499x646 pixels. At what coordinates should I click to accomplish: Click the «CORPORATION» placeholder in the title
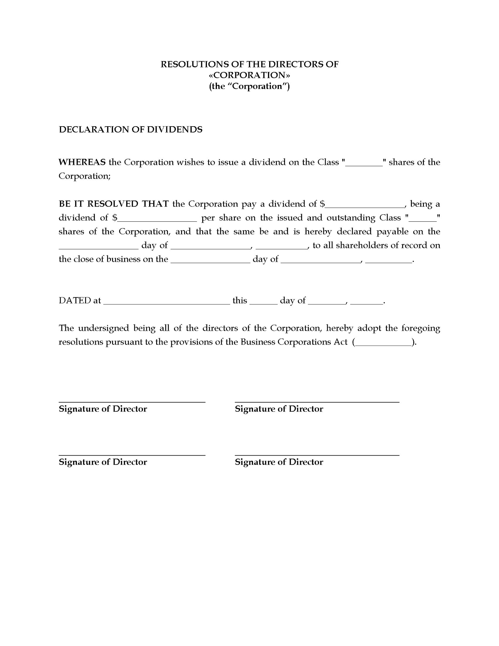[249, 75]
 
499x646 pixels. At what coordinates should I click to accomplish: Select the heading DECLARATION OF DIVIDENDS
[131, 130]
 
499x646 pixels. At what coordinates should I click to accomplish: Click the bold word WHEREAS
[82, 162]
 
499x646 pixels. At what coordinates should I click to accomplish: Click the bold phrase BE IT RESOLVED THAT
[114, 204]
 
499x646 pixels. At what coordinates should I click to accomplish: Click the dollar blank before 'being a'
[365, 205]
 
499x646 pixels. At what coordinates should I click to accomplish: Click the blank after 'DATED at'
[167, 302]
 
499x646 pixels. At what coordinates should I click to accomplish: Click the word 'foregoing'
[421, 328]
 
